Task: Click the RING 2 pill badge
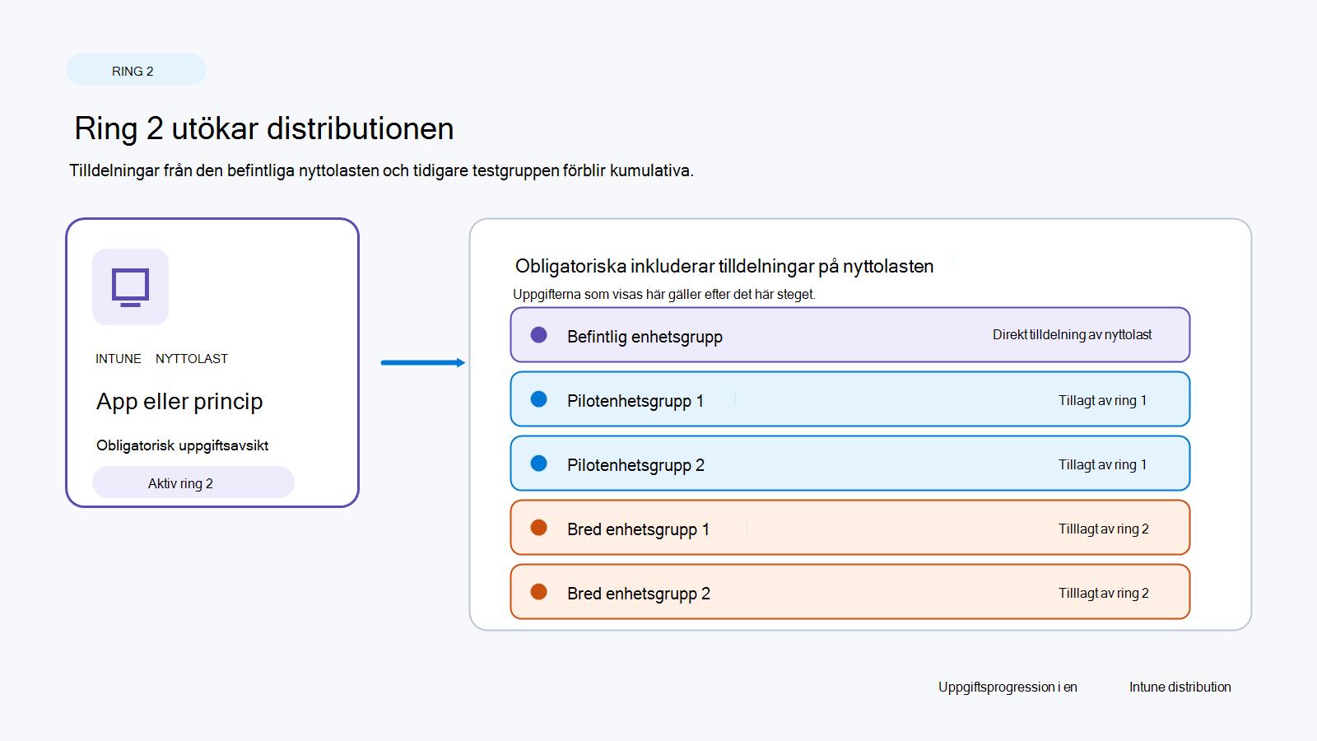point(136,71)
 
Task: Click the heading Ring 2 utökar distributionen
point(264,128)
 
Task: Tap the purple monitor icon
point(131,287)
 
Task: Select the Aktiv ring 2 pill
point(193,482)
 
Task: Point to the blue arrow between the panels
point(423,363)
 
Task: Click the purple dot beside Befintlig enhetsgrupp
point(538,335)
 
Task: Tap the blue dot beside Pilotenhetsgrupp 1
point(538,399)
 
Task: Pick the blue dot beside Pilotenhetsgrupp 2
point(538,464)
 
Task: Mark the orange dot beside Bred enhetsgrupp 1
point(538,528)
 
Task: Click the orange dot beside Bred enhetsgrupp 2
point(538,592)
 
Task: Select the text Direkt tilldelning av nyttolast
point(1072,334)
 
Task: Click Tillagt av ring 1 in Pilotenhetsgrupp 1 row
point(1102,400)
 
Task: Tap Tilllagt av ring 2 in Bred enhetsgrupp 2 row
point(1104,593)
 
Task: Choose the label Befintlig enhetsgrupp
point(645,337)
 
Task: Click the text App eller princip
point(179,402)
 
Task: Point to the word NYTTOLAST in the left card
point(192,359)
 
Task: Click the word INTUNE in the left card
point(119,359)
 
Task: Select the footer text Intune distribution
point(1180,687)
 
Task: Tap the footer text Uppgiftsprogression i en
point(1008,687)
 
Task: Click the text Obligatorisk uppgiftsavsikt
point(182,445)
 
